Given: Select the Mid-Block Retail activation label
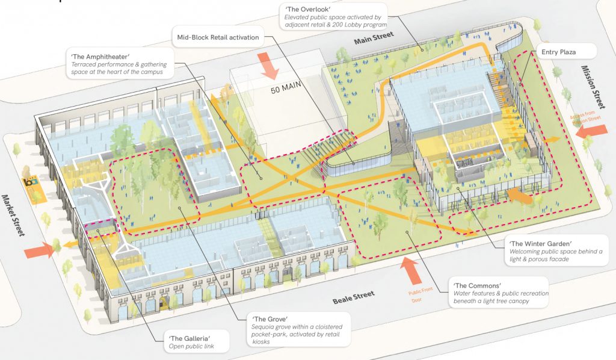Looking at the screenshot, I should coord(218,37).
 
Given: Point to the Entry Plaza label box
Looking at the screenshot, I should coord(558,52).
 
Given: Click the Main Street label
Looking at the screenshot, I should coord(375,38).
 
